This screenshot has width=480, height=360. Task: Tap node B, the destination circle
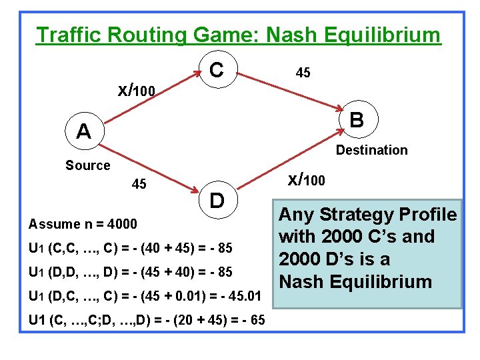(x=357, y=120)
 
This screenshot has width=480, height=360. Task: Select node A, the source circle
(x=83, y=132)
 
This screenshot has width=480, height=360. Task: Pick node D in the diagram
(x=217, y=199)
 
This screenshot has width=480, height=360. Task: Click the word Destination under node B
(x=371, y=151)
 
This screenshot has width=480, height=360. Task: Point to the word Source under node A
(x=87, y=165)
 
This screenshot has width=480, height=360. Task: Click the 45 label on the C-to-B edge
(x=303, y=73)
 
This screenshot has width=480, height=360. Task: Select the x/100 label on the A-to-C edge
(x=137, y=89)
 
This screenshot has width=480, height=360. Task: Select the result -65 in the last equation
(x=249, y=320)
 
